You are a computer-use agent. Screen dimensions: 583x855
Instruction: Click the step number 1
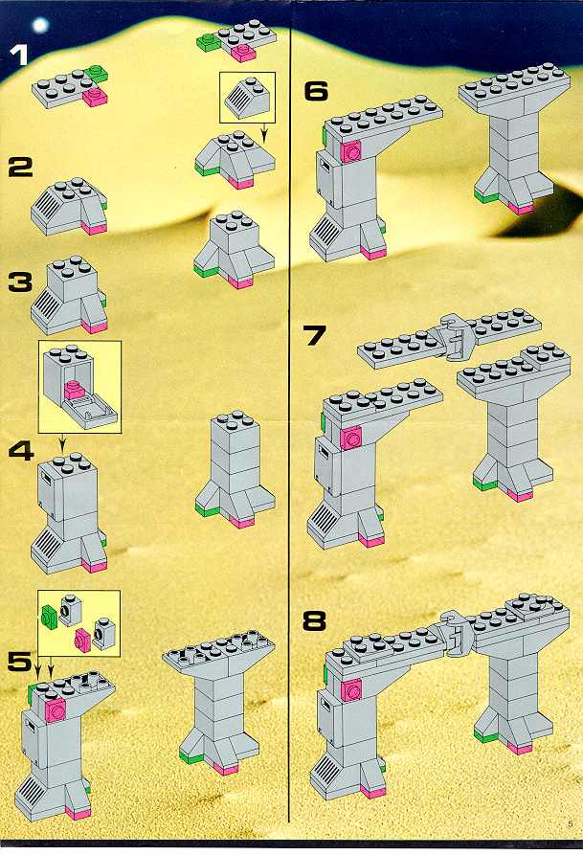pos(20,56)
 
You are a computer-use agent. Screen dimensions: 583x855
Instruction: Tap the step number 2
pos(20,167)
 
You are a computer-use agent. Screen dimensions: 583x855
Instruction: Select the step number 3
pos(20,281)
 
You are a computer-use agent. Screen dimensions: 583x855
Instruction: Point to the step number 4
pos(21,451)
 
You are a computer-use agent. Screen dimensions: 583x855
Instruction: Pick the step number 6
pos(316,91)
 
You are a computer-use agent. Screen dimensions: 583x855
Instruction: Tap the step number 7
pos(315,336)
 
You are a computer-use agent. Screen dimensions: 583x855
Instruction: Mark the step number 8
pos(315,620)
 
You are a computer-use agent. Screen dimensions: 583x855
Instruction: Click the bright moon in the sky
pos(40,25)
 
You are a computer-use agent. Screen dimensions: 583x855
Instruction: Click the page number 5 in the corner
pos(571,824)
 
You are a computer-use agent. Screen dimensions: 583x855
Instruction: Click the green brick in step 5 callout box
pos(49,615)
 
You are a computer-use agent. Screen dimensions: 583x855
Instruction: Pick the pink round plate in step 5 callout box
pos(83,638)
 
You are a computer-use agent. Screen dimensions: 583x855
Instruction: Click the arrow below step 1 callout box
pos(264,132)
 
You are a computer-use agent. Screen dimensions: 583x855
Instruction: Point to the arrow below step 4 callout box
pos(61,442)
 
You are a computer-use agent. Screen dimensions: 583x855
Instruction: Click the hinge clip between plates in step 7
pos(453,338)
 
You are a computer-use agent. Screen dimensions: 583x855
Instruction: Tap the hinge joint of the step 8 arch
pos(459,634)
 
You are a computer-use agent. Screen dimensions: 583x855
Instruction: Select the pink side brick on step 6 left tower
pos(351,150)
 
